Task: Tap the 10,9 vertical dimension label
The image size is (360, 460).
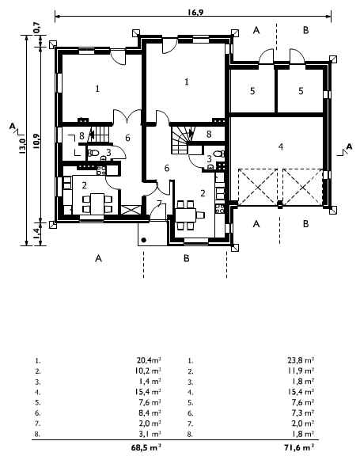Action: (36, 140)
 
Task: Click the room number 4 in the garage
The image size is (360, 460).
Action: (281, 146)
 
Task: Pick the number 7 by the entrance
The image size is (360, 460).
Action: (159, 203)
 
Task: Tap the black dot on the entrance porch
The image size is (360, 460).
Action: (144, 240)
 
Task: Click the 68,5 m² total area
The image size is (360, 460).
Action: (146, 447)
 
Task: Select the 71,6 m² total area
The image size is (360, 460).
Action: (299, 447)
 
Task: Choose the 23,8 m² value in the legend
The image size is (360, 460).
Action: (301, 359)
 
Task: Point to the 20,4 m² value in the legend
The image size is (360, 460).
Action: (149, 359)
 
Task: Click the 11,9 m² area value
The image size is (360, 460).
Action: (301, 371)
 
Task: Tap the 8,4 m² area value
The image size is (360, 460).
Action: (151, 412)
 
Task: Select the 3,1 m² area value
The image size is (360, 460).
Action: (151, 434)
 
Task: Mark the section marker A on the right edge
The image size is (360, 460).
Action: (349, 146)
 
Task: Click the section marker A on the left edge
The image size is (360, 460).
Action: (13, 126)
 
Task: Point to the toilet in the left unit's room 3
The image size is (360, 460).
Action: (94, 153)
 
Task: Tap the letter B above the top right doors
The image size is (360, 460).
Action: (305, 30)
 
